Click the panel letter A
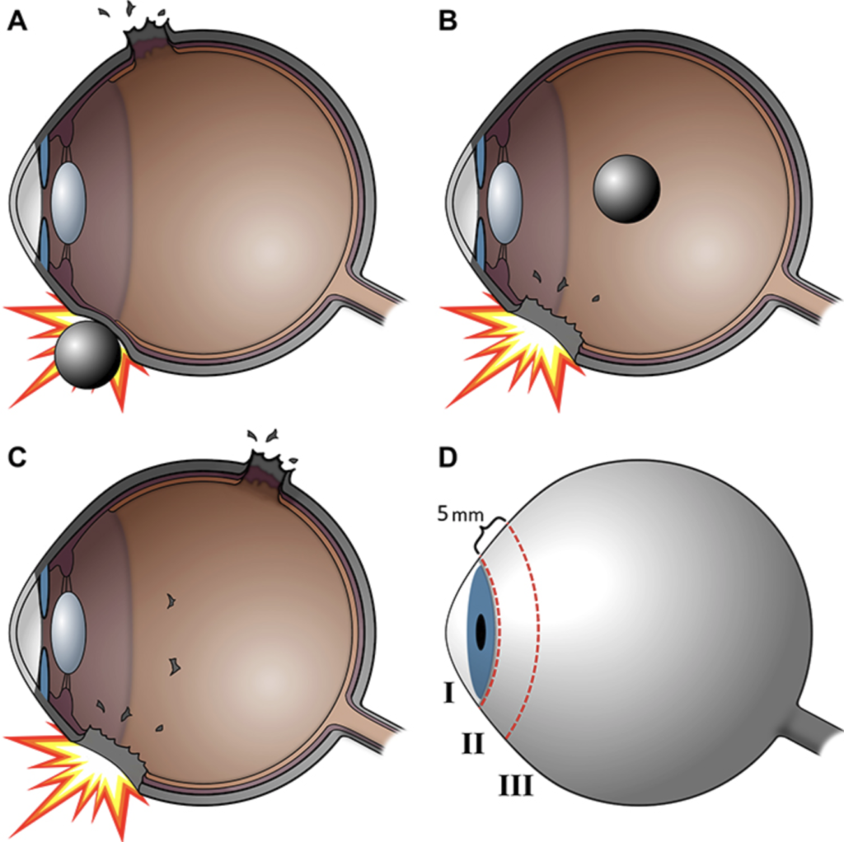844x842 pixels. (17, 21)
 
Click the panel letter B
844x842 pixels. (448, 21)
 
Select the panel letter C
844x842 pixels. (17, 457)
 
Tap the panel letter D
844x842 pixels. (448, 457)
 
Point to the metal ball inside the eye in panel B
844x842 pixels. (626, 189)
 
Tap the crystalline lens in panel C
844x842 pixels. (69, 633)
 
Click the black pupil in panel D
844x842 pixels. (481, 631)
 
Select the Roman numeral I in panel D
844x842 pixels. (449, 694)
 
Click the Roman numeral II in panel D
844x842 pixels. (472, 744)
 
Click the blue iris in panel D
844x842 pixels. (481, 630)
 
